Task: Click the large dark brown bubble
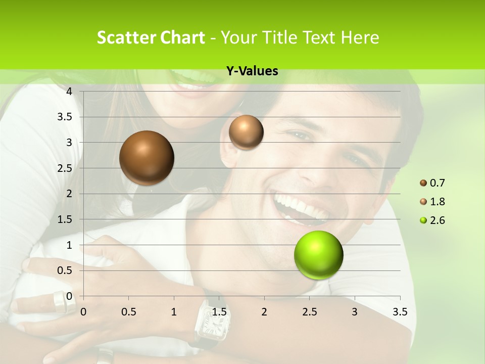click(147, 158)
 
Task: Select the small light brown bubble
click(246, 132)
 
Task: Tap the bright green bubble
click(318, 255)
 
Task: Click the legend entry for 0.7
click(432, 183)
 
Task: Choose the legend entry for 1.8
click(432, 202)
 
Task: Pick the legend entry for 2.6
click(432, 220)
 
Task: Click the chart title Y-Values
click(252, 71)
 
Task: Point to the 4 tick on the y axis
click(70, 92)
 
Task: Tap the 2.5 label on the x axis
click(309, 312)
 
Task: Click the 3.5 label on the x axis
click(400, 312)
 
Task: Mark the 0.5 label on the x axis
click(129, 312)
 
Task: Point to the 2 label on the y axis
click(70, 194)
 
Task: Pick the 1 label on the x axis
click(174, 312)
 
